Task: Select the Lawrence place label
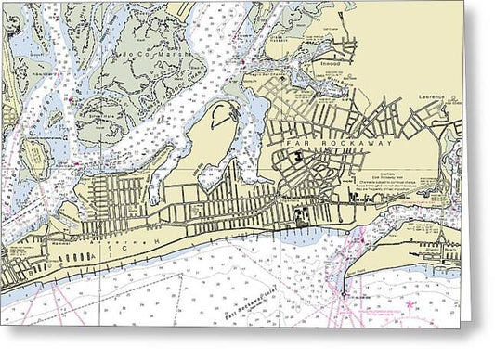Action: [434, 96]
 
